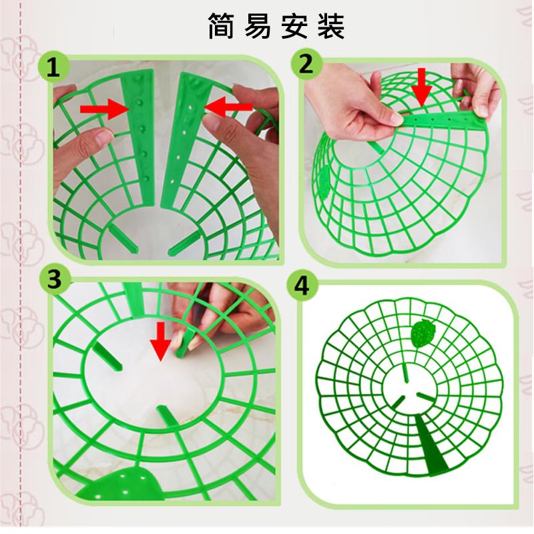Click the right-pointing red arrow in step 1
[103, 108]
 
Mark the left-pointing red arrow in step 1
[226, 105]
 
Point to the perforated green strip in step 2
[441, 118]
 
